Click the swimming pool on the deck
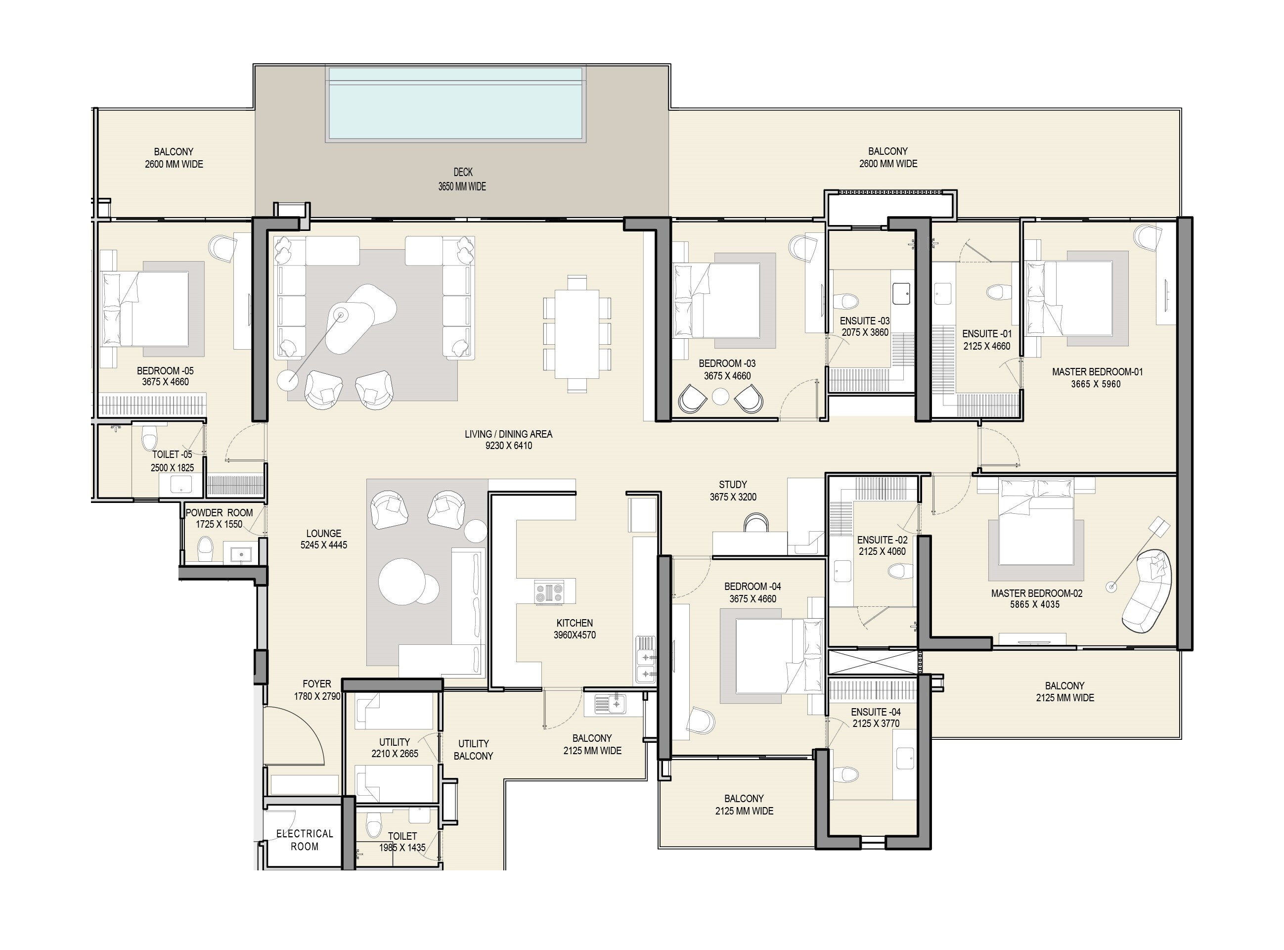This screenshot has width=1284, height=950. tap(456, 104)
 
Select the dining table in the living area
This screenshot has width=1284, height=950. tap(577, 333)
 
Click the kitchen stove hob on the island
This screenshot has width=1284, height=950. tap(549, 592)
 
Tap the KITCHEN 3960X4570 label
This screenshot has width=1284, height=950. tap(574, 629)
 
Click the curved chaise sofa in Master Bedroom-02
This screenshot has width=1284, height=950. tap(1147, 591)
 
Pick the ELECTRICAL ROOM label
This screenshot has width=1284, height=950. tap(304, 840)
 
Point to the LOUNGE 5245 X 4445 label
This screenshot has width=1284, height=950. tap(323, 539)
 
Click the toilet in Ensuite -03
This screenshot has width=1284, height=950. tap(845, 301)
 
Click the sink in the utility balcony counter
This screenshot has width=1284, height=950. tap(610, 703)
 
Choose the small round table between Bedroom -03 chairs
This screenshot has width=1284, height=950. tap(720, 396)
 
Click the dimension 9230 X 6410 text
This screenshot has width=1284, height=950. tap(509, 446)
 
